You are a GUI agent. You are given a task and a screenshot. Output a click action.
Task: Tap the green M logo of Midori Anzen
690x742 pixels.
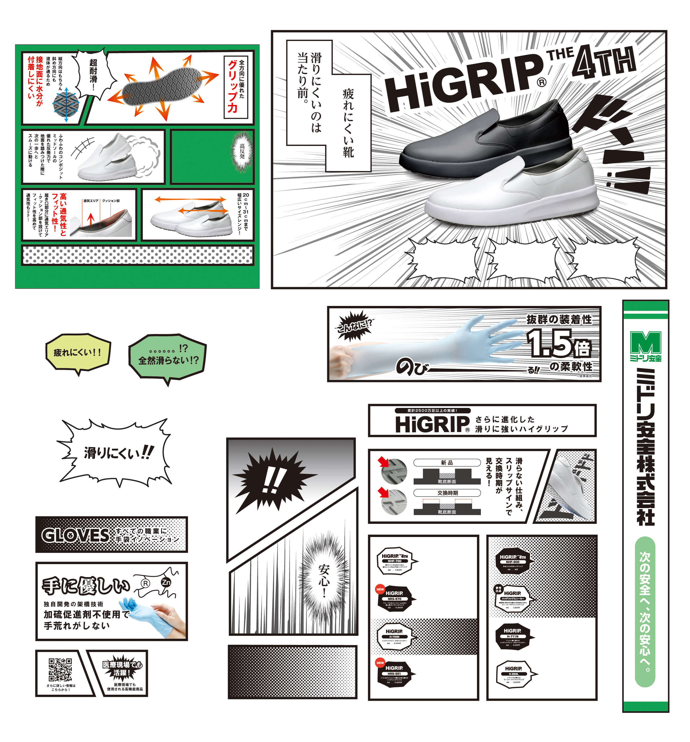pyautogui.click(x=645, y=342)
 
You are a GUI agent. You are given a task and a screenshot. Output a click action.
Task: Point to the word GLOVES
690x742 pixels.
pyautogui.click(x=75, y=535)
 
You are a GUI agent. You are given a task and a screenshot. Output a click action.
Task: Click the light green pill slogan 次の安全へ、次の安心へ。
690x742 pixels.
pyautogui.click(x=645, y=612)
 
